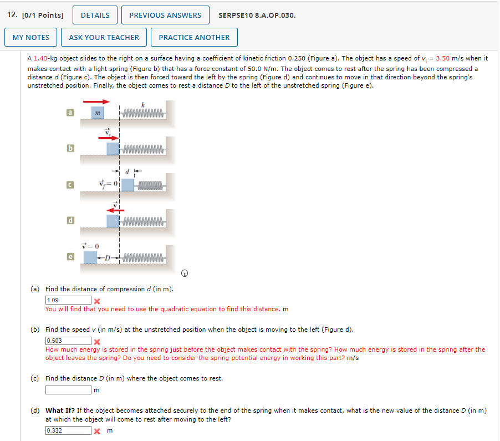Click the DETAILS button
(x=95, y=15)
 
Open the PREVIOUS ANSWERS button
(x=165, y=15)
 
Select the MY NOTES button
(x=30, y=37)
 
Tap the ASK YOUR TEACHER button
(x=104, y=37)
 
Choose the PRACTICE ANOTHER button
(x=194, y=37)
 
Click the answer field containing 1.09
(x=68, y=300)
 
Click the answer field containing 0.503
(x=68, y=341)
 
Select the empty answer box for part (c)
(x=68, y=390)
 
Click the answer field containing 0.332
(x=68, y=430)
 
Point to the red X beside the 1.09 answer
(x=97, y=301)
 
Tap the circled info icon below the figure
(x=184, y=273)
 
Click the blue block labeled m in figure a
(x=98, y=113)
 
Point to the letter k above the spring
(x=143, y=105)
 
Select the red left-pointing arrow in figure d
(x=115, y=210)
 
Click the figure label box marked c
(x=70, y=185)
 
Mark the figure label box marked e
(x=70, y=257)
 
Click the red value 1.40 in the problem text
(x=40, y=58)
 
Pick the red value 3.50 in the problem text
(x=442, y=58)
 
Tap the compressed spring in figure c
(x=150, y=185)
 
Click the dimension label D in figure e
(x=108, y=257)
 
